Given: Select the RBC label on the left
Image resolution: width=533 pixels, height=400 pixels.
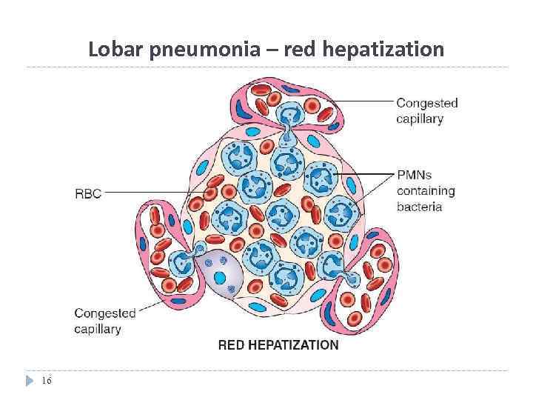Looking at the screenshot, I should click(x=87, y=194).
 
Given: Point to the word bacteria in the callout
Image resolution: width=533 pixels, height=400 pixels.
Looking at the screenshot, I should click(x=419, y=207).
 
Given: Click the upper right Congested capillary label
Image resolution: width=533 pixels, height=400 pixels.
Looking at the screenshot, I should click(x=427, y=110).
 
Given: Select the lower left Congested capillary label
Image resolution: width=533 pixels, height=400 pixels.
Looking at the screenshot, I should click(x=104, y=321).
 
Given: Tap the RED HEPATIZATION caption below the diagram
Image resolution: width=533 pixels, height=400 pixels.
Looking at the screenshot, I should click(x=278, y=345).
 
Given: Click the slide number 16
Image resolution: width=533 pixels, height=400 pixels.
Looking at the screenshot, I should click(x=47, y=381).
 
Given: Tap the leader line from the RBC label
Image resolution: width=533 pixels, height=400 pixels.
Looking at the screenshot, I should click(x=148, y=193).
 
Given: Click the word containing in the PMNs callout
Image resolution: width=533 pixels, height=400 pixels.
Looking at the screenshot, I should click(x=426, y=191).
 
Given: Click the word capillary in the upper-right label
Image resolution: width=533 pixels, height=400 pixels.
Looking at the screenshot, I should click(x=420, y=119).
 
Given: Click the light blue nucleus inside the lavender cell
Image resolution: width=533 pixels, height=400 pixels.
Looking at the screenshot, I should click(x=220, y=278).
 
